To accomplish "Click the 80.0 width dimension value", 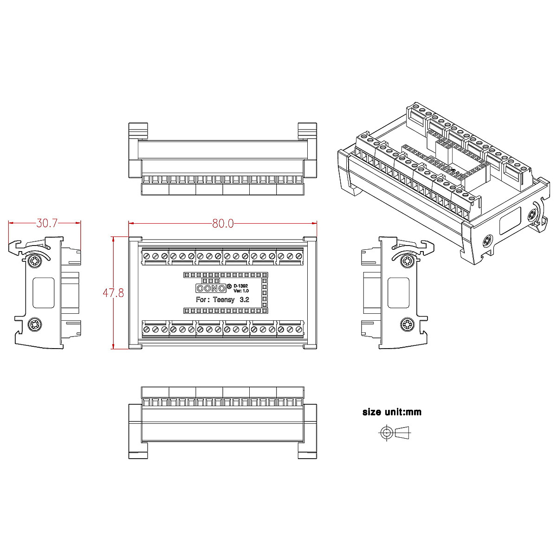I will [223, 223].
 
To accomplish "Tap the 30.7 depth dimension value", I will [47, 223].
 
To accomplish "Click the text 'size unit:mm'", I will [392, 412].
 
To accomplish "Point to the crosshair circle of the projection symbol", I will [386, 433].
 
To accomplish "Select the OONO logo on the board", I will [211, 288].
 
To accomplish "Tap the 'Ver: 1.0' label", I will [241, 291].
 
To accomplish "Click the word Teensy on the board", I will [224, 300].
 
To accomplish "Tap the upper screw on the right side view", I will [408, 261].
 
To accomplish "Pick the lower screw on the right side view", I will [408, 324].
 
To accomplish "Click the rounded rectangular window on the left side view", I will [44, 292].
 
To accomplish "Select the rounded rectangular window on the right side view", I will [398, 292].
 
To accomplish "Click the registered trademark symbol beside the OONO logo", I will [229, 285].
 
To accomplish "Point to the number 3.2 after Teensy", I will [244, 300].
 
